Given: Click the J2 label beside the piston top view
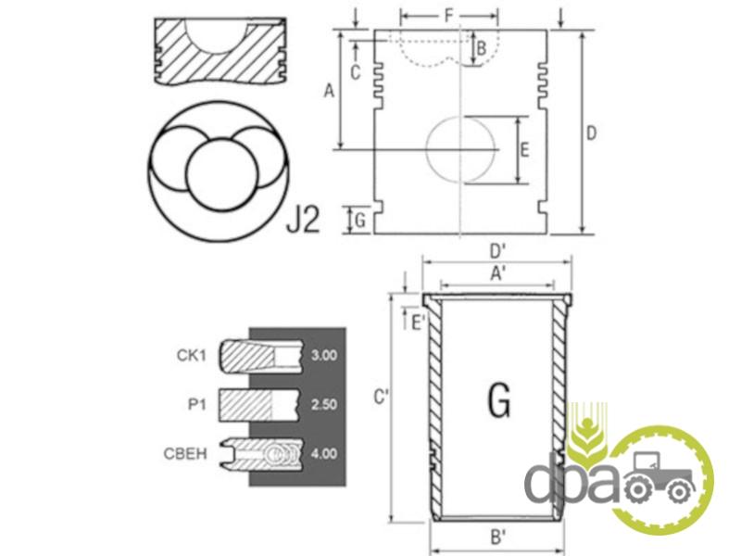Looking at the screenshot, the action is coord(304,219).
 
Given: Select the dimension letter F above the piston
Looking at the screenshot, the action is coord(448,16).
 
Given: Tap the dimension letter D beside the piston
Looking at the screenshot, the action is coord(591,133).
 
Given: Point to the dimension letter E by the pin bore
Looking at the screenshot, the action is coord(524,150).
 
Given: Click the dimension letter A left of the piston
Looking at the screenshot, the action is coord(329,90).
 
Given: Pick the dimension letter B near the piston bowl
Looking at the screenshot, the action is coord(481,48).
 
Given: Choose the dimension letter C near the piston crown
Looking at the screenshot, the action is coord(356,72).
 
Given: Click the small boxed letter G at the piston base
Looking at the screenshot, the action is coord(360,221).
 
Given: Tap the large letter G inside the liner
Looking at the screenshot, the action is coord(499,400).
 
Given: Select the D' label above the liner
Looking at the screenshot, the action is coord(497,251).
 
